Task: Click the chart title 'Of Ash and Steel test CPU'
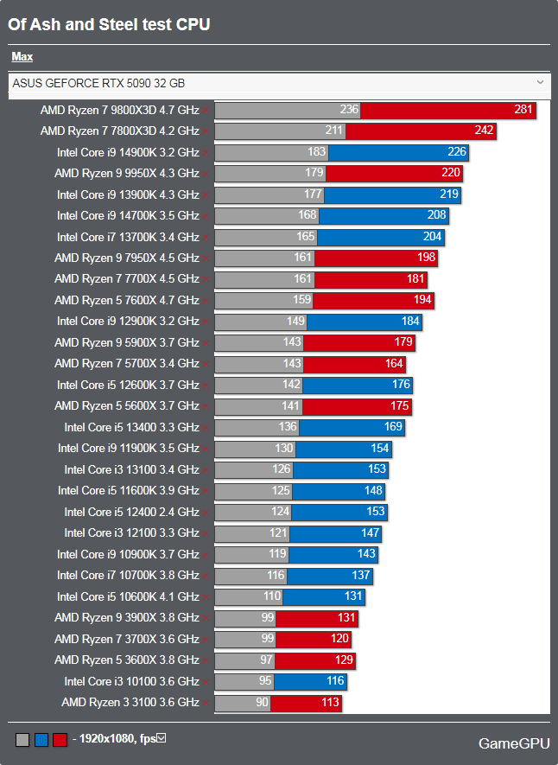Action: tap(109, 25)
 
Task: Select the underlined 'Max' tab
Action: tap(22, 57)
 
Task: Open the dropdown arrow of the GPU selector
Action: tap(541, 82)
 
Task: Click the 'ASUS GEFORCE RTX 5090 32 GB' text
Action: tap(98, 84)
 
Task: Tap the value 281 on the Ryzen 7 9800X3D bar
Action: tap(523, 110)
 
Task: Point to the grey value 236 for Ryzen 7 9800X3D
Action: tap(349, 110)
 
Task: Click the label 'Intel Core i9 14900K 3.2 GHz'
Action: tap(128, 152)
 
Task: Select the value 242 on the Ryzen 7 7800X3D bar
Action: tap(484, 131)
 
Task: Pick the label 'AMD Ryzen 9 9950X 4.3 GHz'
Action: tap(127, 173)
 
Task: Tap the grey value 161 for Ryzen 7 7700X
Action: tap(303, 279)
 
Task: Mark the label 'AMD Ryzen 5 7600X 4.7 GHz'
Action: tap(127, 300)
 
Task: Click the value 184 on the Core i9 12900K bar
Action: tap(409, 322)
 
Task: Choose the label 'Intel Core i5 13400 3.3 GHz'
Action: tap(131, 427)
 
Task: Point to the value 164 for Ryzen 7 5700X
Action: tap(394, 364)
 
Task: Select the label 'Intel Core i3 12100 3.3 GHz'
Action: tap(131, 532)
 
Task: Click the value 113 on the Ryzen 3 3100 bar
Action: tap(331, 703)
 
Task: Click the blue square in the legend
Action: tap(41, 740)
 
